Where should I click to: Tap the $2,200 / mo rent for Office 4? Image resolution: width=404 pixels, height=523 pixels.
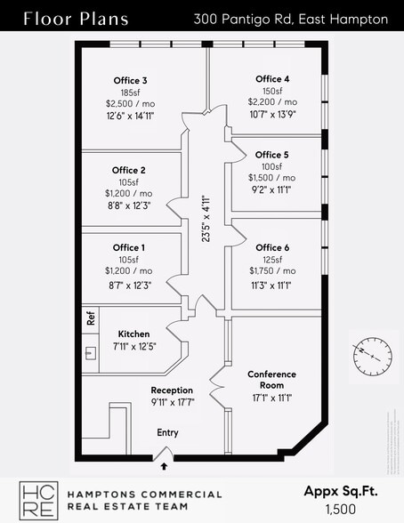point(273,103)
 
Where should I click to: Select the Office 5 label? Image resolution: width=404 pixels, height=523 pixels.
point(272,155)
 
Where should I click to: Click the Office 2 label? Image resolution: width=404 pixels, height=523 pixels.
point(129,171)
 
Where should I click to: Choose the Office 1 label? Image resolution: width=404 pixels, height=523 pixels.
point(129,248)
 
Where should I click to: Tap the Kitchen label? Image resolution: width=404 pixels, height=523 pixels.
point(133,334)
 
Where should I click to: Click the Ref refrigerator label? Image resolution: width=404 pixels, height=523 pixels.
point(90,318)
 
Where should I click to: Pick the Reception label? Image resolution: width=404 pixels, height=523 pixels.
point(172,390)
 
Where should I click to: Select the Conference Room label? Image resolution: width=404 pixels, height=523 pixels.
point(272,380)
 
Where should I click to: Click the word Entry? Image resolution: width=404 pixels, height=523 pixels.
point(168,432)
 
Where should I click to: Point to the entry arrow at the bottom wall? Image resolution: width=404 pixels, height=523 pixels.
point(163,459)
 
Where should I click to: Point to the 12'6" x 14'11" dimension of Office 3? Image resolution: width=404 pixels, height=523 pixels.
point(132,116)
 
